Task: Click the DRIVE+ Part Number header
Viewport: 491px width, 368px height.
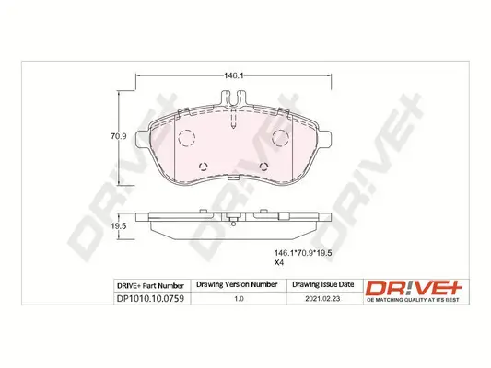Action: click(x=151, y=285)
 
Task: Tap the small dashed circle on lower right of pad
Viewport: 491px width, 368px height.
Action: click(x=265, y=167)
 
